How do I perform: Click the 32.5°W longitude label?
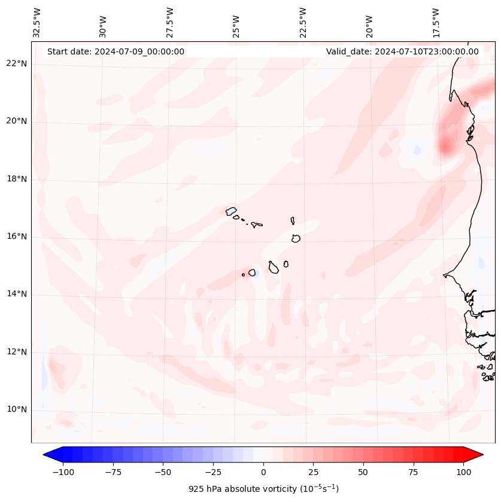tap(37, 22)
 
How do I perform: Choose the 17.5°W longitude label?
tap(436, 22)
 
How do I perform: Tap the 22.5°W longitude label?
tap(303, 22)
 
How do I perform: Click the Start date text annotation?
tap(116, 51)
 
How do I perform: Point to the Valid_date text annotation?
tap(402, 51)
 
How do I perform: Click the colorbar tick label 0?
tap(263, 472)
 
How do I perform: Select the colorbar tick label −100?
tap(63, 472)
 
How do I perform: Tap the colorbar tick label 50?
tap(363, 472)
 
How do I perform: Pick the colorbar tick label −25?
tap(212, 472)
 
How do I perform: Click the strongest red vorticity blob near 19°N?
tap(445, 145)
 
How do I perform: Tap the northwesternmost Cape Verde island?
tap(231, 211)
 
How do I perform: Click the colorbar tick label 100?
tap(463, 472)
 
